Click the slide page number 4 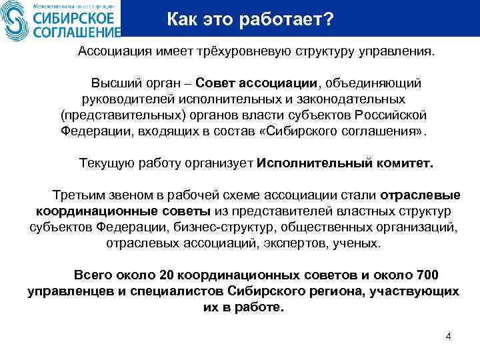click(x=448, y=335)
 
